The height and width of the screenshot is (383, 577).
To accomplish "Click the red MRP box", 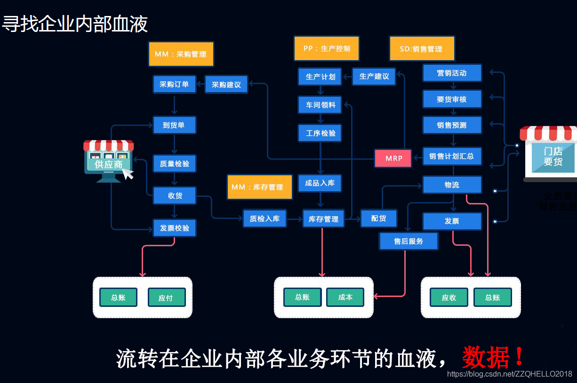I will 393,158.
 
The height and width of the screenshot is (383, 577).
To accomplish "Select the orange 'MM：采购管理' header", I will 181,54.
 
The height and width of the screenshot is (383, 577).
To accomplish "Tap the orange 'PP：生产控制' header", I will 327,48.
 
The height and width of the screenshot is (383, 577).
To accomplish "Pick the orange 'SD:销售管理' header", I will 422,49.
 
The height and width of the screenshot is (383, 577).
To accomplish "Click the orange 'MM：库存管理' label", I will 259,187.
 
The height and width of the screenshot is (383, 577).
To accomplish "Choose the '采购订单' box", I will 174,85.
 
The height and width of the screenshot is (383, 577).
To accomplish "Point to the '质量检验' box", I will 174,164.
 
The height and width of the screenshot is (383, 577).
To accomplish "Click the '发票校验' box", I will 174,228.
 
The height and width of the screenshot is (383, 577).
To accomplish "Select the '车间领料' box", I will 321,105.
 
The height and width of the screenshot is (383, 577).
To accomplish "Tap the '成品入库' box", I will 320,183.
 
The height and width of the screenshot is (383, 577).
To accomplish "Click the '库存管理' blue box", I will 323,219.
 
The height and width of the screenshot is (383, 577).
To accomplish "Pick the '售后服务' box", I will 409,242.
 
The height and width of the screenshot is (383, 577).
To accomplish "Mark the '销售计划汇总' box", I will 452,156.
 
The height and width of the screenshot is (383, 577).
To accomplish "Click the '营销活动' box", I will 452,73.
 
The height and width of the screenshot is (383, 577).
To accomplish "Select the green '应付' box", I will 166,298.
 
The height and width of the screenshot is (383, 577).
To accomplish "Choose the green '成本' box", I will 345,297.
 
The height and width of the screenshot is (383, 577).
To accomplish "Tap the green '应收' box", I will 449,298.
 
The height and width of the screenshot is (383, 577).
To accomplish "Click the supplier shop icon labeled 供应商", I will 109,160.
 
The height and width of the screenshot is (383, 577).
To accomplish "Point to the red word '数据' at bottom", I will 485,358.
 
